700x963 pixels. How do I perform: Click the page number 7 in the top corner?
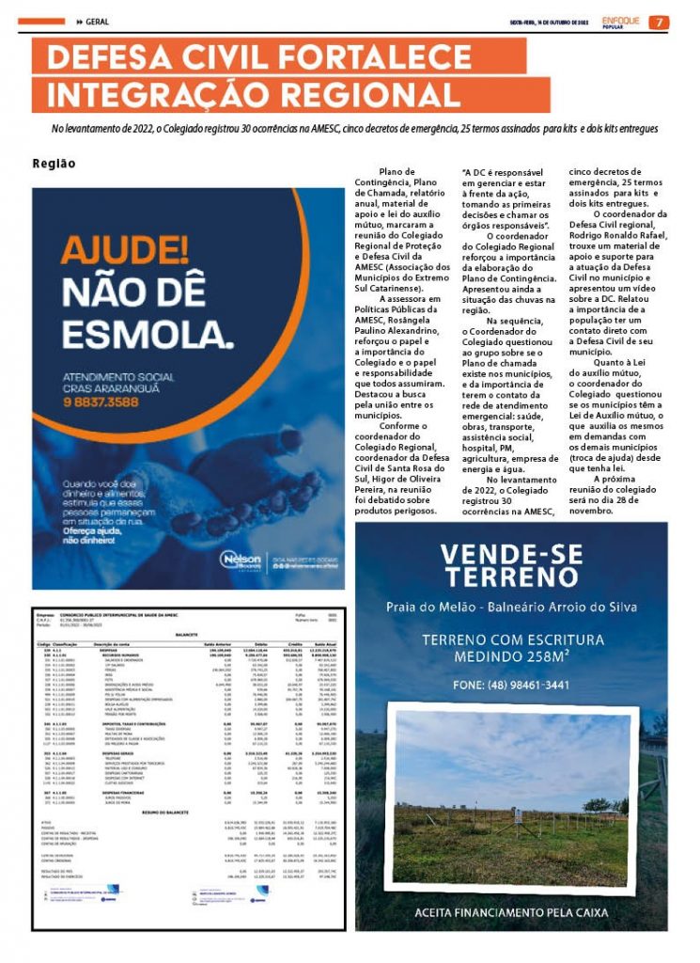pos(660,23)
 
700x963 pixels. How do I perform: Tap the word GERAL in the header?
pos(99,23)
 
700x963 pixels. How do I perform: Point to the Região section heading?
pos(54,163)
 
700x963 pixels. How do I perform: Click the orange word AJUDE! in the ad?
pos(125,250)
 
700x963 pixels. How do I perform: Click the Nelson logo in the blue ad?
pos(241,560)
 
